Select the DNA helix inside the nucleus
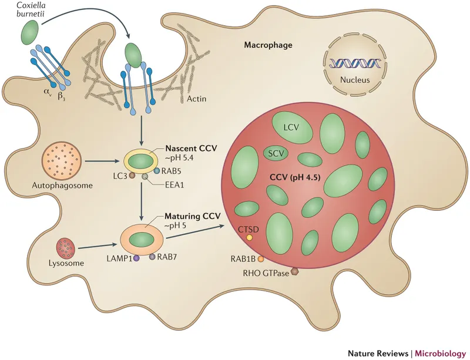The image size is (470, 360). click(x=349, y=60)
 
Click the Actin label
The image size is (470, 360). click(x=209, y=99)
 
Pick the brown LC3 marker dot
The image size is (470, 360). click(x=133, y=175)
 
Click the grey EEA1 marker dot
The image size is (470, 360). click(x=145, y=176)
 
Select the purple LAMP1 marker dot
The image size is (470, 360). click(x=136, y=258)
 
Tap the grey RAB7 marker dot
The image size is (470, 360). click(x=152, y=257)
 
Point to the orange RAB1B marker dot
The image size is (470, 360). click(x=260, y=258)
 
